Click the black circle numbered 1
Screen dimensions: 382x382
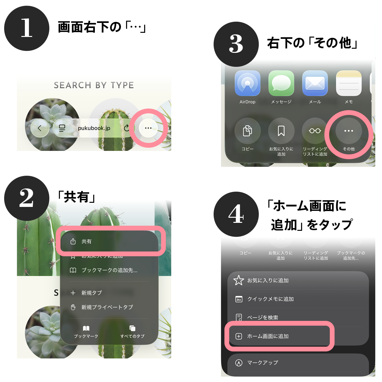[27, 28]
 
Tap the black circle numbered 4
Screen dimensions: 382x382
[236, 214]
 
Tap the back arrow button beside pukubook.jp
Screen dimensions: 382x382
[39, 128]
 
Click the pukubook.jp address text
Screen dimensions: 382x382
[94, 128]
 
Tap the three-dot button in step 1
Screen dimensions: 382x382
[148, 128]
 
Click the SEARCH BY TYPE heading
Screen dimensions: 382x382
[94, 85]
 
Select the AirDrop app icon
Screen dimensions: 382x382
[247, 83]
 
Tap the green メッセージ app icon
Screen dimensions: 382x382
[281, 83]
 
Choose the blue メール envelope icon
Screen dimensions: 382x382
[315, 83]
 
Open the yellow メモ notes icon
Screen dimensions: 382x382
[349, 83]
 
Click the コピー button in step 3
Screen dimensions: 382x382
[247, 131]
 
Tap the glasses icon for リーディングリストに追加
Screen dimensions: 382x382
[315, 131]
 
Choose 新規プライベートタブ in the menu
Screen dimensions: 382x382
[107, 307]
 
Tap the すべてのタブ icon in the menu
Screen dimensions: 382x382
[132, 331]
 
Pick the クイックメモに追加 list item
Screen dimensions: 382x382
[271, 299]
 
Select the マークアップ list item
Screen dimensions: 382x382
[263, 363]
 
